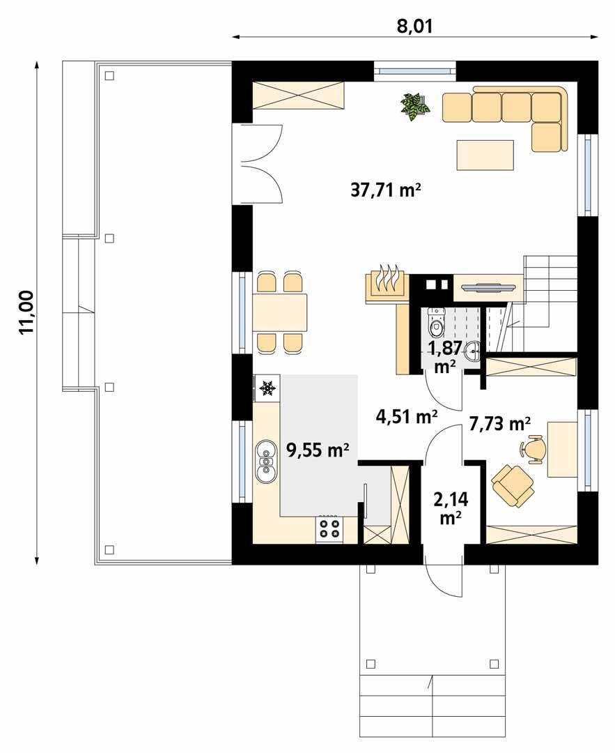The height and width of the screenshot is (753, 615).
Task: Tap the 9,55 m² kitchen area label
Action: (318, 450)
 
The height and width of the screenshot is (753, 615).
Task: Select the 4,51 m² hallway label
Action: (407, 416)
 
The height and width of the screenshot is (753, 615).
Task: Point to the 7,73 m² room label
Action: (500, 423)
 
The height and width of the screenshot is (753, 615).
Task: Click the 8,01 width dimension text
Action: (414, 26)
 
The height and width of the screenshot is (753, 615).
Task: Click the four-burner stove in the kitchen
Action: (329, 529)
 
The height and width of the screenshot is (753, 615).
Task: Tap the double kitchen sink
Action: (265, 462)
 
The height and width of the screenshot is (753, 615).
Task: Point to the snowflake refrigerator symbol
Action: (267, 388)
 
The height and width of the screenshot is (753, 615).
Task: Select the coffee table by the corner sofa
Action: (485, 155)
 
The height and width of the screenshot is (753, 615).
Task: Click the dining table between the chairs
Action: (280, 312)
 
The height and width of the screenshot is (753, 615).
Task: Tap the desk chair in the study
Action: (534, 448)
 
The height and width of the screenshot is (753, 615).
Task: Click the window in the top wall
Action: (414, 70)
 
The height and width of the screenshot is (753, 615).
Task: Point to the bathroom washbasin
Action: (473, 350)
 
